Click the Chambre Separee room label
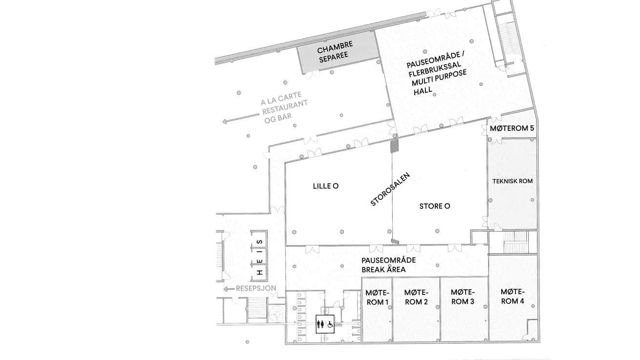[334, 52]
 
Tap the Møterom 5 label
[512, 128]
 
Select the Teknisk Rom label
[512, 181]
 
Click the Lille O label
[326, 186]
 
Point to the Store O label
[435, 206]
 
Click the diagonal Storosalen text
[390, 189]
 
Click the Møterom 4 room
[513, 298]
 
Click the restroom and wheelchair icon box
[325, 324]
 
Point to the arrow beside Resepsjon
[229, 289]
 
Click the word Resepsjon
[256, 288]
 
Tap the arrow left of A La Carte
[240, 118]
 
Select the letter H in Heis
[260, 272]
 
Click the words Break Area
[384, 270]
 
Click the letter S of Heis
[259, 242]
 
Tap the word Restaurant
[285, 107]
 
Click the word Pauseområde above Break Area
[388, 260]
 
